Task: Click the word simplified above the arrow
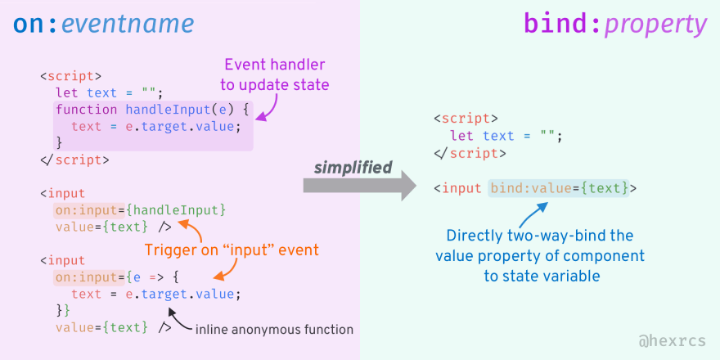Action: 353,167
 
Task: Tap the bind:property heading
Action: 614,25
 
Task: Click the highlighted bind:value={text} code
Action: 559,188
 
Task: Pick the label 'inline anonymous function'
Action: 274,330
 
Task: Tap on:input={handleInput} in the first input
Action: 140,210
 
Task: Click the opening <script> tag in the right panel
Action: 465,118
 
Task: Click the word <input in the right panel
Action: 457,188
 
